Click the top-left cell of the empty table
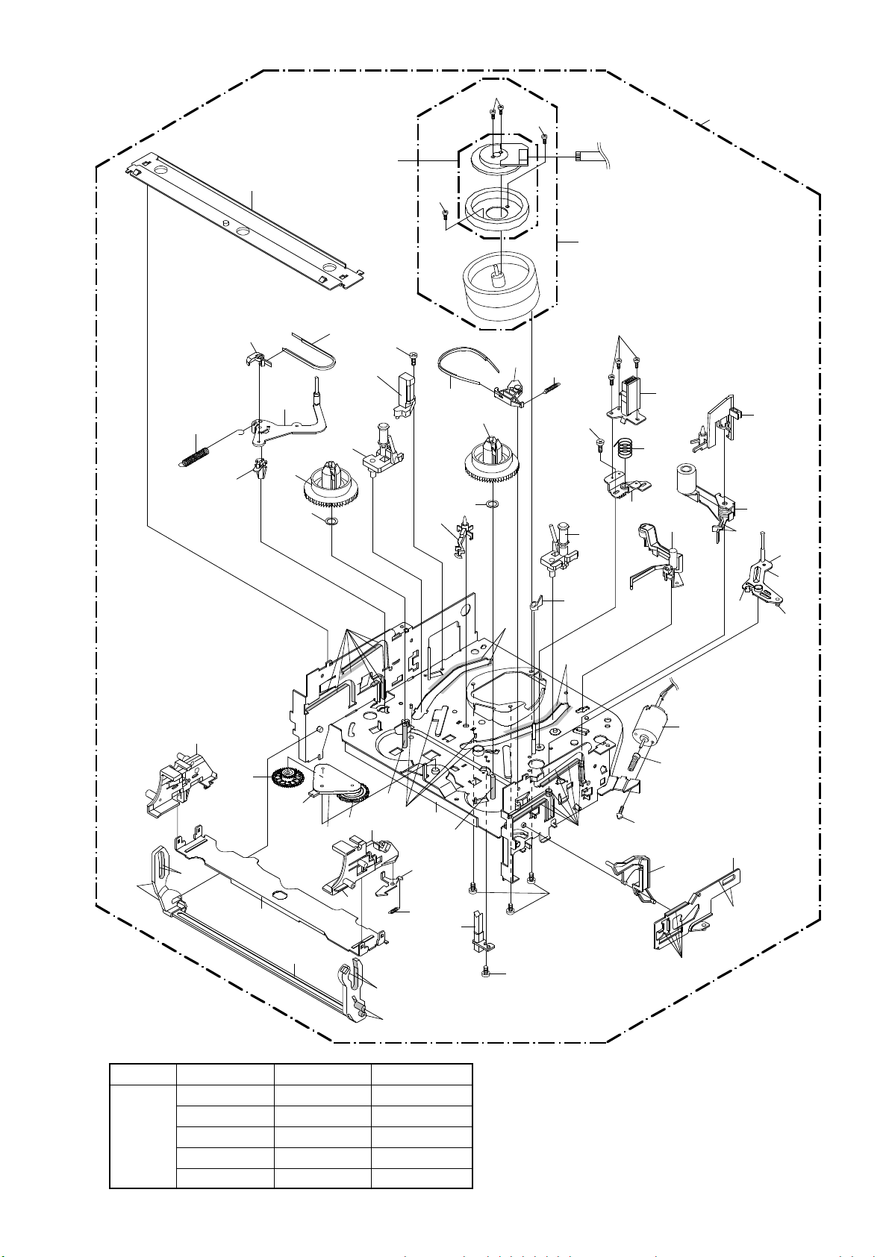tap(143, 1074)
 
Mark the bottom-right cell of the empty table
tap(422, 1178)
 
